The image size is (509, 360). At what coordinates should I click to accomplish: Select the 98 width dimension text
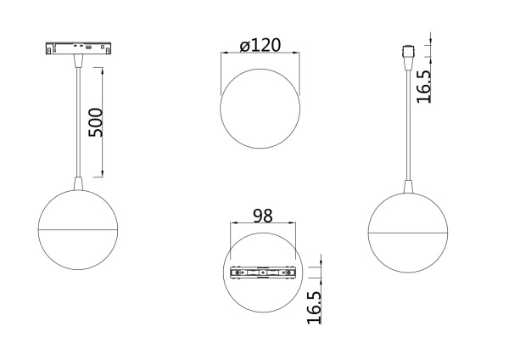(x=263, y=216)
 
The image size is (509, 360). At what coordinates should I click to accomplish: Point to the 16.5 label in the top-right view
(x=423, y=86)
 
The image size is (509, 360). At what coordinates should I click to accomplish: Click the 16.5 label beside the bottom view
(x=313, y=306)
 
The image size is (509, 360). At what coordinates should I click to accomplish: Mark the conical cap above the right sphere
(x=407, y=184)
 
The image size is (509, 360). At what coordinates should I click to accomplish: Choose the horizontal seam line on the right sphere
(x=407, y=231)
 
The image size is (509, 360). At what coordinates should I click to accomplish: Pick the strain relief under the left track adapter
(x=78, y=64)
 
